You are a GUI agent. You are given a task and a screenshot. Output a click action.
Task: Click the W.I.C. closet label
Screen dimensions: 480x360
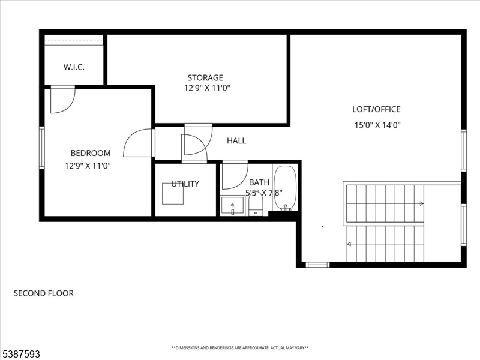click(74, 67)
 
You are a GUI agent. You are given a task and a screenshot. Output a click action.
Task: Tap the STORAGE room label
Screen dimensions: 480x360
click(205, 77)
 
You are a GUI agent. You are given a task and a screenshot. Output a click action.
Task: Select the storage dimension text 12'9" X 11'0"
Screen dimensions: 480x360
click(207, 88)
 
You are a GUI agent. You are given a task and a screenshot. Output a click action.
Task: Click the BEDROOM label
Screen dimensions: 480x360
click(91, 153)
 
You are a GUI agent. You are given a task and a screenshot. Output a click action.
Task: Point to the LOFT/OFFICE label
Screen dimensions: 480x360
click(376, 109)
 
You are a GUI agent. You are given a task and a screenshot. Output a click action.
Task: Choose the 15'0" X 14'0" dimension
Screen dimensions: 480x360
click(377, 125)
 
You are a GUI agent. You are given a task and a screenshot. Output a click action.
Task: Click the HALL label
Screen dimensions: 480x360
click(236, 140)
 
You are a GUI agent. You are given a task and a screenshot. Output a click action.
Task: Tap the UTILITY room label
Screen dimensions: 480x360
click(185, 184)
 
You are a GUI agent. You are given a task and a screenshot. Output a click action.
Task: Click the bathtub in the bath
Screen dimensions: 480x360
click(285, 188)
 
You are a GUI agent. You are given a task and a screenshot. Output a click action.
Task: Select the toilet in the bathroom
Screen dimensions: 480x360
click(256, 204)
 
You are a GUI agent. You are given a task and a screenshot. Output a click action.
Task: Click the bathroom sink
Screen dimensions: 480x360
click(233, 206)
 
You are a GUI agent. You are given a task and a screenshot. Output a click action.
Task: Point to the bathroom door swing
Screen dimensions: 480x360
click(235, 175)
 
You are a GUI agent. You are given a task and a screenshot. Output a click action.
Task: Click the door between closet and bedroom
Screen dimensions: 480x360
click(63, 100)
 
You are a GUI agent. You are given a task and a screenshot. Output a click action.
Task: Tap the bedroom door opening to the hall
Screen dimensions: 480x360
click(139, 143)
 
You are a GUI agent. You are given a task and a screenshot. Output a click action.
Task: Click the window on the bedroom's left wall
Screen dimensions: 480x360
click(42, 148)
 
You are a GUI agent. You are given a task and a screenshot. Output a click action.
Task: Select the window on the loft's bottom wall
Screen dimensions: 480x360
click(318, 265)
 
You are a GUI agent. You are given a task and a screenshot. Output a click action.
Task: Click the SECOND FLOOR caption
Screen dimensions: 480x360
click(44, 293)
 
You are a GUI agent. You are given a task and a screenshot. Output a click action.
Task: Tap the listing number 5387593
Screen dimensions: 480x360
click(20, 354)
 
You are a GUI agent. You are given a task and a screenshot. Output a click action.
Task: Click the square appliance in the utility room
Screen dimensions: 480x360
click(173, 193)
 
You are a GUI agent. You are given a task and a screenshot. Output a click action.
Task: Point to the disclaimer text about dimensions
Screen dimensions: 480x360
click(240, 348)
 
